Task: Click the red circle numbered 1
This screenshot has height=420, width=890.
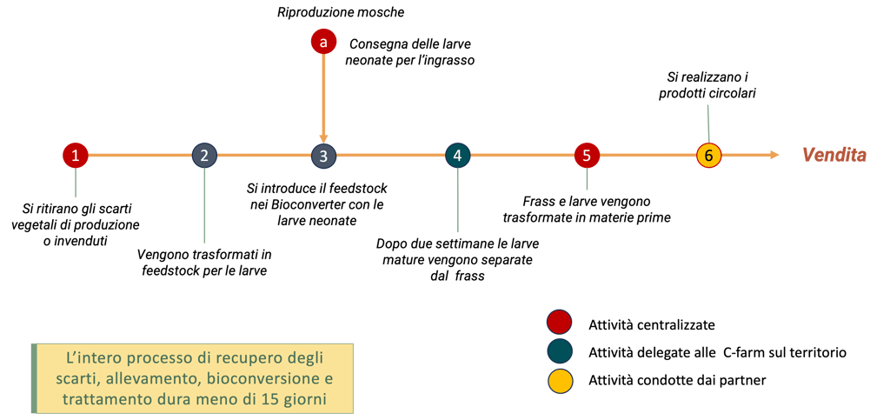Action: [76, 156]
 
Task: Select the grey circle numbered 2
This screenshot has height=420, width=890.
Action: [204, 156]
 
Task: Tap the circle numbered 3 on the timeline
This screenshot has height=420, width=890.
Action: [323, 156]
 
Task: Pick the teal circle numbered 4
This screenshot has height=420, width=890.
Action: [457, 156]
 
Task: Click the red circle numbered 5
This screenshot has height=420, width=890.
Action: [587, 156]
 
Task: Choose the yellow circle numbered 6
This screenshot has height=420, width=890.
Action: [709, 156]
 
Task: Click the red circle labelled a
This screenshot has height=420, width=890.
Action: [323, 42]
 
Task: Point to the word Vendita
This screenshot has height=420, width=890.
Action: [834, 156]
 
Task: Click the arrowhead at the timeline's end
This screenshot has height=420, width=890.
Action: [774, 156]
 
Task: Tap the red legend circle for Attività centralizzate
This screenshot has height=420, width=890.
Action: [559, 323]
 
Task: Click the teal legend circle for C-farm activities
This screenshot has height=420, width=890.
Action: [559, 352]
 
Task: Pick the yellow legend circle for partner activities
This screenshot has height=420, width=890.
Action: [559, 381]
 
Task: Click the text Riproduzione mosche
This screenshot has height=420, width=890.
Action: [341, 13]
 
